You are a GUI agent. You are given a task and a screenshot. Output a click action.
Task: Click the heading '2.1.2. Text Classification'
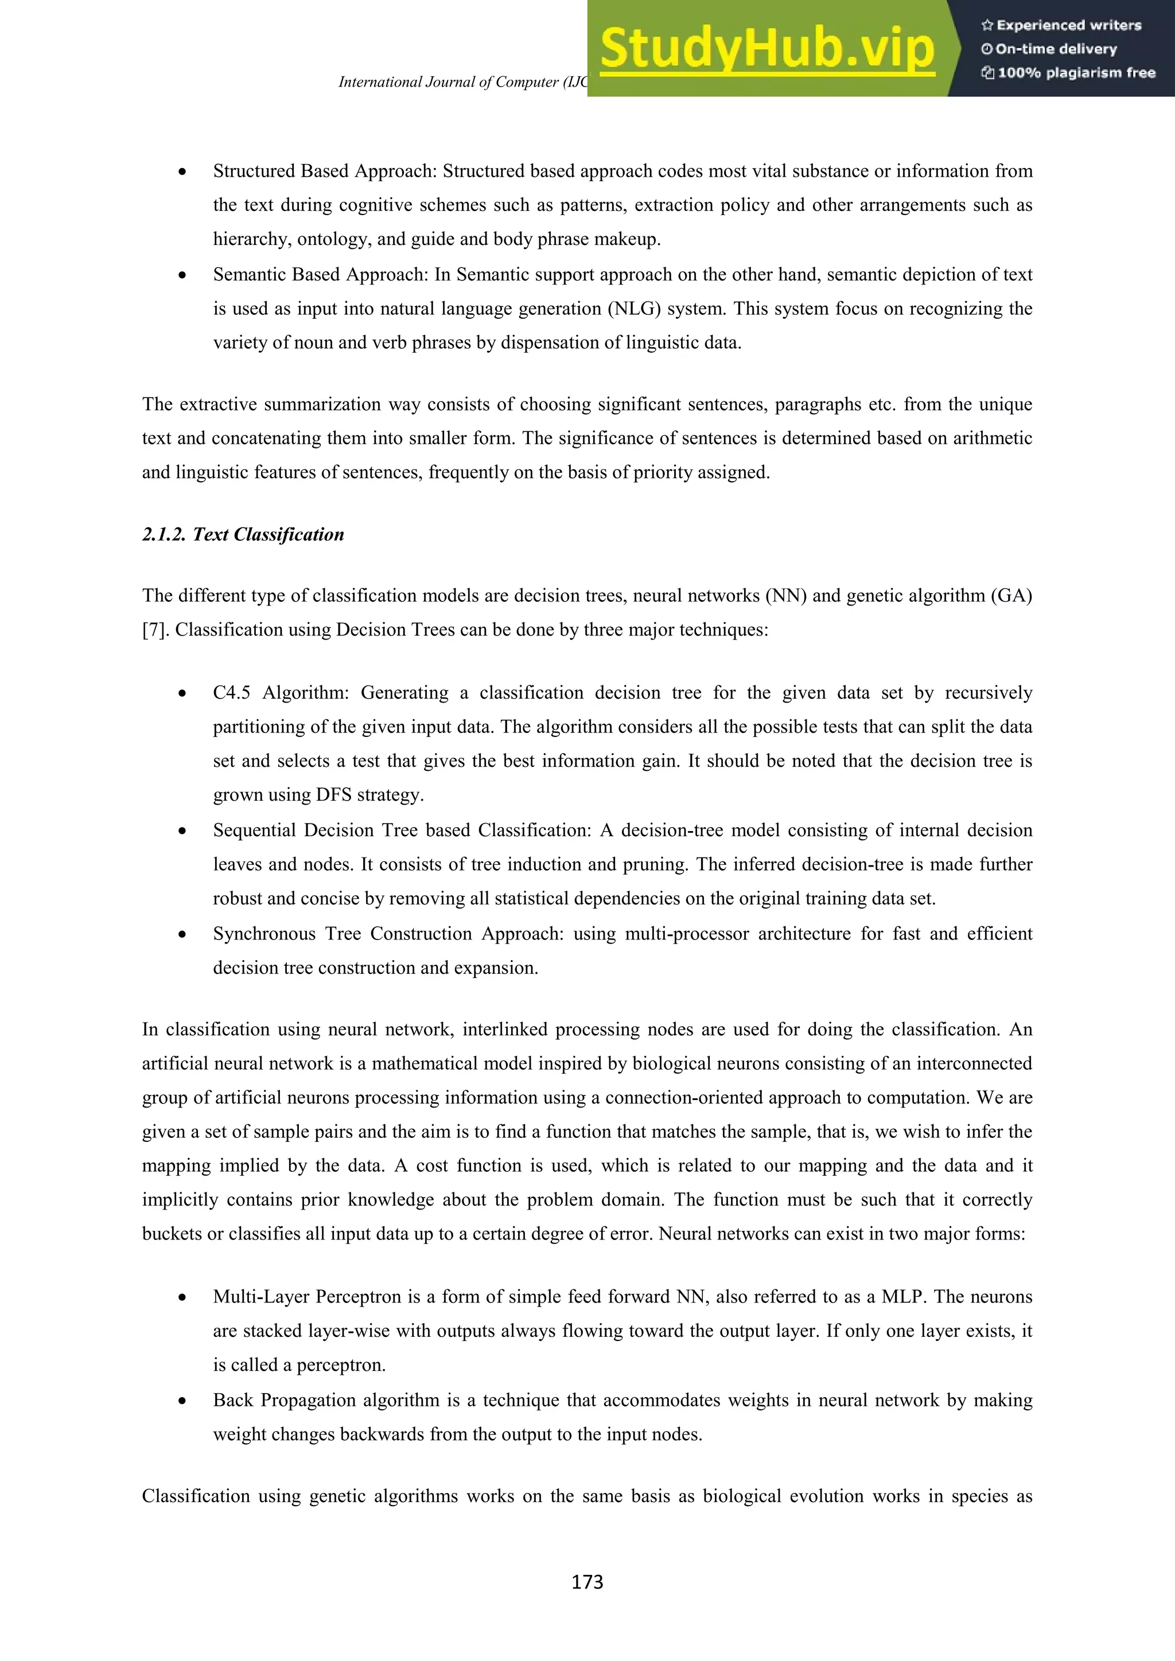[x=243, y=535]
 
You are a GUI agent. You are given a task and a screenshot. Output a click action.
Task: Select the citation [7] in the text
[x=155, y=630]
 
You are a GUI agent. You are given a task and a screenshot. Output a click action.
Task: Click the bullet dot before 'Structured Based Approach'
[x=182, y=172]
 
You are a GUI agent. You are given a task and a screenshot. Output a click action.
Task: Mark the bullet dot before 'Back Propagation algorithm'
[x=182, y=1401]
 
